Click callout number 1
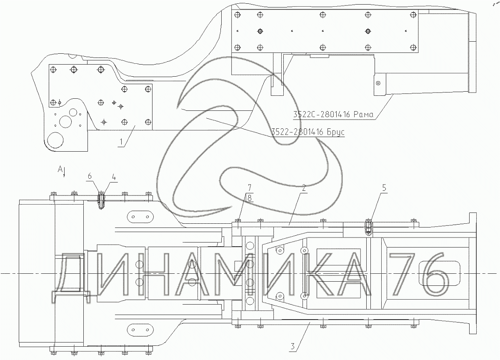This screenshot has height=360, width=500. pos(121,142)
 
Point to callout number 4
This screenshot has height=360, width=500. pos(114,177)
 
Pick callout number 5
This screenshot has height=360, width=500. pos(384,187)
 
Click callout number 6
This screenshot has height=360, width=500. pos(90,176)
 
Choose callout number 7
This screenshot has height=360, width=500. pos(249,187)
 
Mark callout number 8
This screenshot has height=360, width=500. pos(249,198)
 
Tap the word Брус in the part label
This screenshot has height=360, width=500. pos(336,132)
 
